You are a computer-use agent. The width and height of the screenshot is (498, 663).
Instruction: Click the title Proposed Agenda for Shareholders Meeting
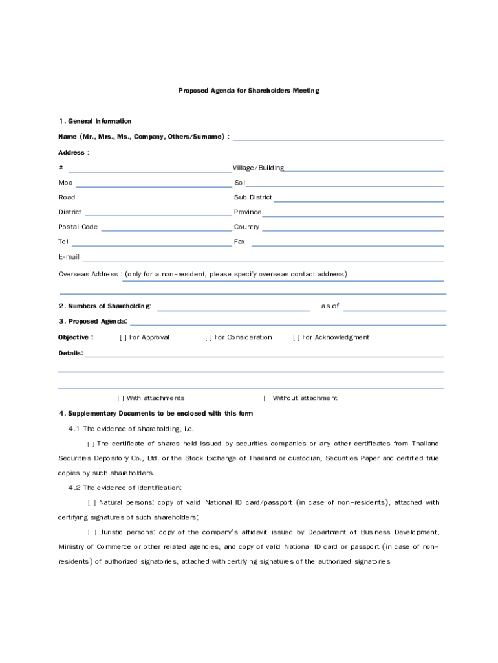pyautogui.click(x=248, y=91)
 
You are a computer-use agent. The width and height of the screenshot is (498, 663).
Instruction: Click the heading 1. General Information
pyautogui.click(x=94, y=121)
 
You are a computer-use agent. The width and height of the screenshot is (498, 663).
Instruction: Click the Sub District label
pyautogui.click(x=253, y=197)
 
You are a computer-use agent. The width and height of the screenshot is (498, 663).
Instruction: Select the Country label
pyautogui.click(x=246, y=227)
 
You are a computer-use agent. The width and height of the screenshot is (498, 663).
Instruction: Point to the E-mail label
pyautogui.click(x=69, y=257)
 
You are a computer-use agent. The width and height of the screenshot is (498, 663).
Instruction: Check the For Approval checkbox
pyautogui.click(x=123, y=337)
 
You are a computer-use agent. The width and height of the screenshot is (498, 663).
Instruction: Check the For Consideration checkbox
pyautogui.click(x=208, y=337)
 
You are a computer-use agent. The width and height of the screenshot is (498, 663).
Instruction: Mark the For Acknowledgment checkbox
pyautogui.click(x=296, y=337)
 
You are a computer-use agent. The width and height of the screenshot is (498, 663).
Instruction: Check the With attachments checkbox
pyautogui.click(x=120, y=398)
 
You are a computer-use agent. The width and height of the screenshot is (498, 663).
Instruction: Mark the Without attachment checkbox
pyautogui.click(x=266, y=398)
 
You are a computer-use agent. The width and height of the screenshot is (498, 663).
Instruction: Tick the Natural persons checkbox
pyautogui.click(x=91, y=502)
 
